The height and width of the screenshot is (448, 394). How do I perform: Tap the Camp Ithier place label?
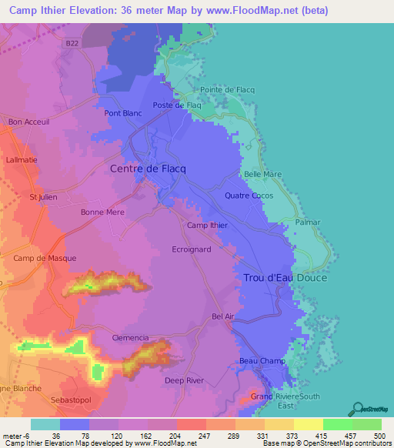point(208,226)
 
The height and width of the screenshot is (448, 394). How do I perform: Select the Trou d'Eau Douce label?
point(285,278)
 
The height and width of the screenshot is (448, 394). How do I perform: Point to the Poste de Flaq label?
point(177,105)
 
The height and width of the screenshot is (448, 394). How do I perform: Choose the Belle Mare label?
point(262,175)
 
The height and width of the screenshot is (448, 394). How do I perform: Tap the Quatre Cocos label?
point(249,196)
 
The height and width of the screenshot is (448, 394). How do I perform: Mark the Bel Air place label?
point(222,316)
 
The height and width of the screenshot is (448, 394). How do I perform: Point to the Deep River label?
point(184,380)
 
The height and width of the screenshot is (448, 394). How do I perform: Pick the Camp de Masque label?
point(45,258)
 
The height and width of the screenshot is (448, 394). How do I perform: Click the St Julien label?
point(44,197)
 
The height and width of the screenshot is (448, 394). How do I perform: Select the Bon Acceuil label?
point(28,122)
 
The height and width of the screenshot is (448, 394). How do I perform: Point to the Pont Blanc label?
point(122,113)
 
